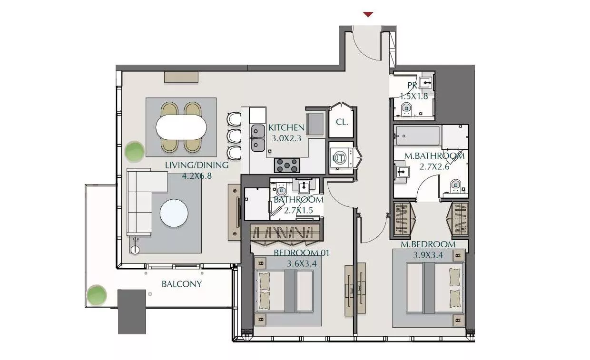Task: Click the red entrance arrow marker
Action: pyautogui.click(x=368, y=14)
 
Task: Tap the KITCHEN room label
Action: pyautogui.click(x=286, y=128)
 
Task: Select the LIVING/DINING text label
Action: pyautogui.click(x=197, y=165)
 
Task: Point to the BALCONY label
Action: pyautogui.click(x=182, y=284)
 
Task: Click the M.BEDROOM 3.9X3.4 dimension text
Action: pyautogui.click(x=428, y=255)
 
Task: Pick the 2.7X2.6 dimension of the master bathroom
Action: pyautogui.click(x=434, y=166)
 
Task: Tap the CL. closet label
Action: pyautogui.click(x=342, y=122)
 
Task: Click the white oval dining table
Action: pyautogui.click(x=181, y=127)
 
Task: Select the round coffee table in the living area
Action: pyautogui.click(x=174, y=213)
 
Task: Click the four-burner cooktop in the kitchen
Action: pyautogui.click(x=287, y=165)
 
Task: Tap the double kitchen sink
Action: pyautogui.click(x=258, y=138)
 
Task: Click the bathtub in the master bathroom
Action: pyautogui.click(x=418, y=136)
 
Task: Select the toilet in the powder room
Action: pyautogui.click(x=406, y=109)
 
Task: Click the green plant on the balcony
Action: pyautogui.click(x=97, y=295)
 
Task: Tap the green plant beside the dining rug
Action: pyautogui.click(x=134, y=151)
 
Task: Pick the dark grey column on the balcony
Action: pyautogui.click(x=132, y=312)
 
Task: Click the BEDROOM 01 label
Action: pyautogui.click(x=301, y=253)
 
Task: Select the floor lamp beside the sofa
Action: pyautogui.click(x=135, y=246)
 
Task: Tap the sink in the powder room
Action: pyautogui.click(x=426, y=83)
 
